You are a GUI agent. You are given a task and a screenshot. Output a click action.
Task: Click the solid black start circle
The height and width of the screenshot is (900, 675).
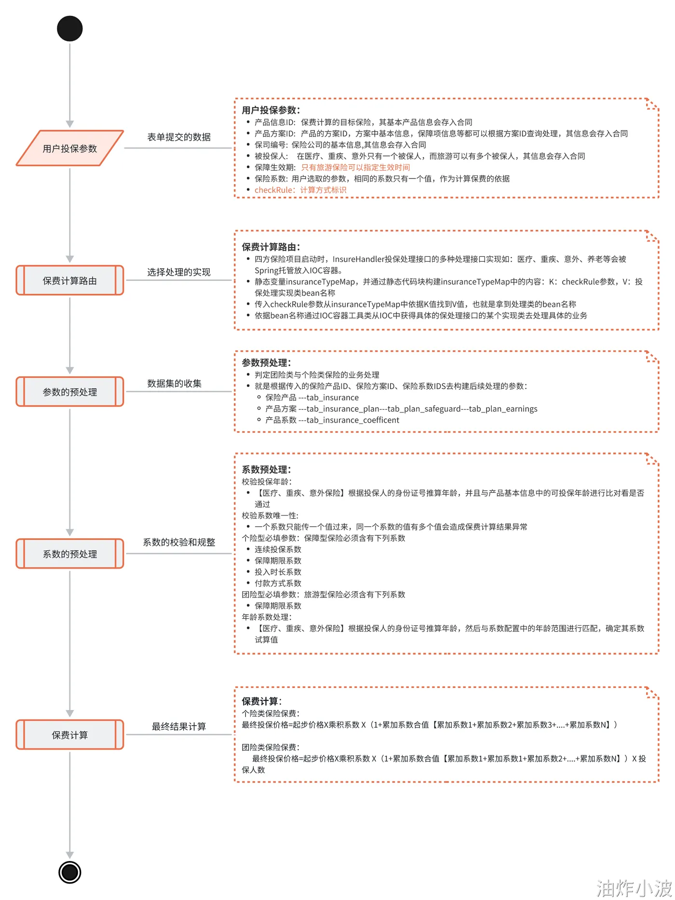(70, 28)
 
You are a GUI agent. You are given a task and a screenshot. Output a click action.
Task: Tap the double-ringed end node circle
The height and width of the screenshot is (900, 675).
(70, 872)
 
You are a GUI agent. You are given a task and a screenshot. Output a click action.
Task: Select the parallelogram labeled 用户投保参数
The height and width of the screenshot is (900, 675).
(70, 148)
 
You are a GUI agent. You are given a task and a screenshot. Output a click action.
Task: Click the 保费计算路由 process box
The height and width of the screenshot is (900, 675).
(70, 280)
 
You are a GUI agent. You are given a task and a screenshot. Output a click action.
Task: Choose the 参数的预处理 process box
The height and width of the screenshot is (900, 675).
(70, 392)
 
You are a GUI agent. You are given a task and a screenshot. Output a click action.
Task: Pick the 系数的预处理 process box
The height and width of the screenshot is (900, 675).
(70, 554)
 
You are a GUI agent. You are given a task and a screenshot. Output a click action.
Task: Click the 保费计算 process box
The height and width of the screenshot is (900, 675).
(70, 735)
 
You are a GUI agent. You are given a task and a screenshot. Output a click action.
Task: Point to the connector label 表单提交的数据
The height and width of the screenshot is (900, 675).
(179, 137)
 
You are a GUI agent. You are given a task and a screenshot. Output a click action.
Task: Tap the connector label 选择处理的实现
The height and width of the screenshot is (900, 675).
(179, 272)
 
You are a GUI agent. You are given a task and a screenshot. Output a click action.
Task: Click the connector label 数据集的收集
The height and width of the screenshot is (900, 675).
(175, 384)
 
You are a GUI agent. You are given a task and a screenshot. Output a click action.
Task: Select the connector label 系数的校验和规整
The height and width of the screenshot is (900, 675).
(179, 543)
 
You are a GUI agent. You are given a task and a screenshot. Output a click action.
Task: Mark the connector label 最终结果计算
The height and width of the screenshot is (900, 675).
(179, 727)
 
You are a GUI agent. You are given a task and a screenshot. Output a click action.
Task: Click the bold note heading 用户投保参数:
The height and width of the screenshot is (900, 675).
(271, 110)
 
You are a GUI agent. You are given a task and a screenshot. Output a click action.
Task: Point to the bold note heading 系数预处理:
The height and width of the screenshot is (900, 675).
(267, 470)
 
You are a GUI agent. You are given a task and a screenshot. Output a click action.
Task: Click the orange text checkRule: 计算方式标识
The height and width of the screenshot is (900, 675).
(300, 190)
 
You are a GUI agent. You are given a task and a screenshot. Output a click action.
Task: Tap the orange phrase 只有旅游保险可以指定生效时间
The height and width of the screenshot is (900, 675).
(355, 167)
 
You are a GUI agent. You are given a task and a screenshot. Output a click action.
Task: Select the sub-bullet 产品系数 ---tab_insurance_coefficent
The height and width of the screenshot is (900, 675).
(332, 420)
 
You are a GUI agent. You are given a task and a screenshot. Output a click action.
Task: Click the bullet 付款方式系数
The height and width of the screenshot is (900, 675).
(278, 583)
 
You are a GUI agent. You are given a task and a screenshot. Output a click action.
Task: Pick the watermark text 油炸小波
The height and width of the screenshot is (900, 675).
(634, 887)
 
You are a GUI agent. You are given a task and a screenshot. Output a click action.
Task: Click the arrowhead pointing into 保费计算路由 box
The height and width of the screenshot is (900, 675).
(70, 259)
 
